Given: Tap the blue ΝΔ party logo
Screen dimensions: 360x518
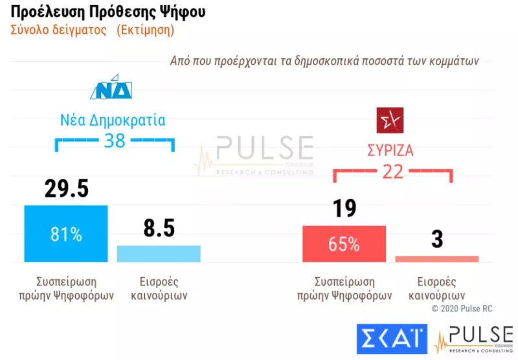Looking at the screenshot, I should (111, 89).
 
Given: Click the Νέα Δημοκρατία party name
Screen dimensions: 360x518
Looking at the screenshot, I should (113, 120).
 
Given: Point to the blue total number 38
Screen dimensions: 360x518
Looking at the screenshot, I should (115, 141).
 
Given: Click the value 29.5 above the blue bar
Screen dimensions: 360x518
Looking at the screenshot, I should (66, 188).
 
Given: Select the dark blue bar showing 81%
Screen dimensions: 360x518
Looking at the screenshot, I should (66, 234).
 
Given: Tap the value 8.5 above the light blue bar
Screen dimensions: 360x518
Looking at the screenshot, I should (159, 228).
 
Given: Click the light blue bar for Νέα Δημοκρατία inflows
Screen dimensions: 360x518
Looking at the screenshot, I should (159, 253).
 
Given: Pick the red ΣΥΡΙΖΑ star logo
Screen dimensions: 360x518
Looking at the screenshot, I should (390, 120).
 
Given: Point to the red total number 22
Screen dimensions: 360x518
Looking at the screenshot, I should (393, 172).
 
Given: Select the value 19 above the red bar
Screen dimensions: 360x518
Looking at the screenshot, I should (343, 208).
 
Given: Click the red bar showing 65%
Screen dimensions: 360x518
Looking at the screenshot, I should (344, 244).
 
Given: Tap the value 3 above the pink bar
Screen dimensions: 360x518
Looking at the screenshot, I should (437, 239).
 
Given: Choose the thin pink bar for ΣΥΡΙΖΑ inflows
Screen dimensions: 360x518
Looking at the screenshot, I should (437, 258).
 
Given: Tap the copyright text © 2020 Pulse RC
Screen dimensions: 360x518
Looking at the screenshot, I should (462, 309).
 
